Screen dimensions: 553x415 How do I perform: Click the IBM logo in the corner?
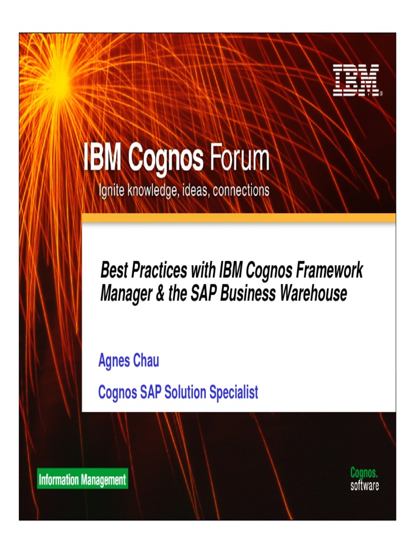tap(356, 80)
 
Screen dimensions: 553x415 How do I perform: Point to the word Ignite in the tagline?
tap(112, 191)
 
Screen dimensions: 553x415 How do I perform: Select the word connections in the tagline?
tap(241, 191)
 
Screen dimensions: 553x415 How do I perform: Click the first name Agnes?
tap(114, 361)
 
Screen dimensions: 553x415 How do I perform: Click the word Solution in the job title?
tap(182, 392)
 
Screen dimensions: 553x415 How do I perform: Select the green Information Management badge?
tap(82, 479)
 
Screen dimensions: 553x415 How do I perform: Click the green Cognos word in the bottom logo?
tap(365, 474)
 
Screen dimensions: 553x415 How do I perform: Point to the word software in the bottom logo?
tap(365, 485)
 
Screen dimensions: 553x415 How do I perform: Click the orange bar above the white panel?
tap(238, 218)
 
